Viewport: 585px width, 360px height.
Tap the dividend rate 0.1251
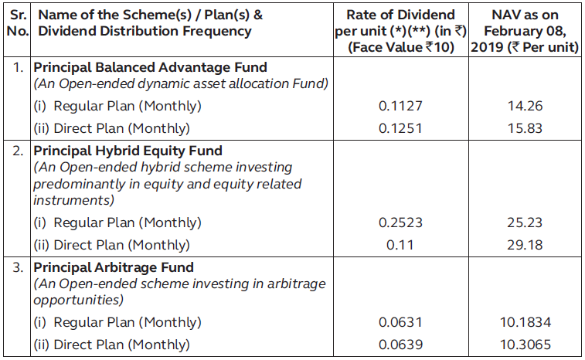pos(400,128)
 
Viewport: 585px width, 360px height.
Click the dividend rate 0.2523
pos(400,223)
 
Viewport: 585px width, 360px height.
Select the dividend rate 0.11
pos(400,245)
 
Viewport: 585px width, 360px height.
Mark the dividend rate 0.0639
pos(400,345)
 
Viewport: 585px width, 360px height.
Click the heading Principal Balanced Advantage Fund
pos(150,68)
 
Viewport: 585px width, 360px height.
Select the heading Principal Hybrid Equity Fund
pos(128,151)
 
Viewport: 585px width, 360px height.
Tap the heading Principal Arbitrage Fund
pos(113,268)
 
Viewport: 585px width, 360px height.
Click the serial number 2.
pos(19,151)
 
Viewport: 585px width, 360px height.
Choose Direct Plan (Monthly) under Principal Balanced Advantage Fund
pos(111,128)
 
